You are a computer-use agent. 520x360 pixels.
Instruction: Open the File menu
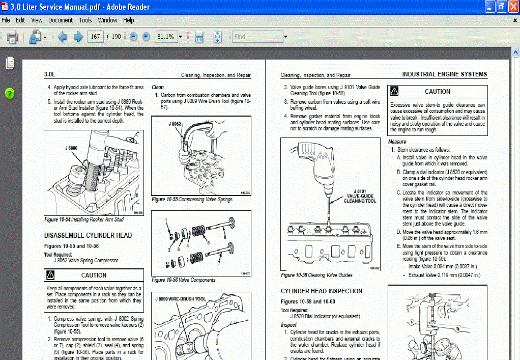pyautogui.click(x=6, y=20)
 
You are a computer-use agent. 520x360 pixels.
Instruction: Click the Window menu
pyautogui.click(x=107, y=20)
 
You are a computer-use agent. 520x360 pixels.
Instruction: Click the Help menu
pyautogui.click(x=129, y=20)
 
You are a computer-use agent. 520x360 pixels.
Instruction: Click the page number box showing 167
pyautogui.click(x=95, y=37)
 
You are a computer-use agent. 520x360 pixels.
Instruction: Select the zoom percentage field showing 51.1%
pyautogui.click(x=166, y=37)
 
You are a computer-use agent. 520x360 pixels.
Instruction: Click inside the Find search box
pyautogui.click(x=257, y=37)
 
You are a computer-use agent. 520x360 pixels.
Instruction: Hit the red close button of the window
pyautogui.click(x=513, y=7)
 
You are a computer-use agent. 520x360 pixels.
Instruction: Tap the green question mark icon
pyautogui.click(x=10, y=93)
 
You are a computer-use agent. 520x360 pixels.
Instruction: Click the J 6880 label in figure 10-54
pyautogui.click(x=71, y=148)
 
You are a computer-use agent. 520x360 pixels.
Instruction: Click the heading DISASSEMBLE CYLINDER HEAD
pyautogui.click(x=88, y=236)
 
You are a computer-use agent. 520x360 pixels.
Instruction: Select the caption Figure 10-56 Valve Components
pyautogui.click(x=183, y=280)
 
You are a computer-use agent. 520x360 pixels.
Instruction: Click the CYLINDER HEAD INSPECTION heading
pyautogui.click(x=322, y=291)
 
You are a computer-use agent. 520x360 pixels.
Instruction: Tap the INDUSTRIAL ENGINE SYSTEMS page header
pyautogui.click(x=444, y=74)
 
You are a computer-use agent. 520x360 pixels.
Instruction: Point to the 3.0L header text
pyautogui.click(x=49, y=74)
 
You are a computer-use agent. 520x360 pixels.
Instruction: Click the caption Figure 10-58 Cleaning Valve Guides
pyautogui.click(x=316, y=275)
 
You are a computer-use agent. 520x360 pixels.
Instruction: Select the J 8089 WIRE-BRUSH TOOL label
pyautogui.click(x=181, y=299)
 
